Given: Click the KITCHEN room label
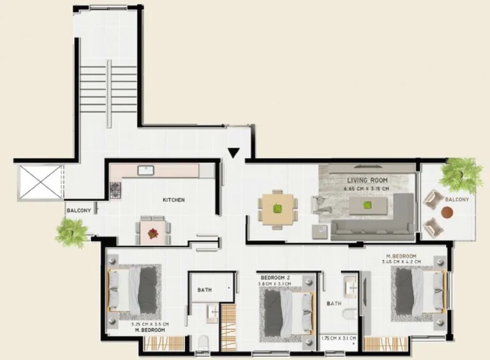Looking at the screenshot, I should point(174,200).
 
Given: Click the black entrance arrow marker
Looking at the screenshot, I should point(234,153).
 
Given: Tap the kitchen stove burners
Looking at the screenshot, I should point(116,190).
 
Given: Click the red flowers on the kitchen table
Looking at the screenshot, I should point(152,234).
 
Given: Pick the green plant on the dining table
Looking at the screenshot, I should point(278,208).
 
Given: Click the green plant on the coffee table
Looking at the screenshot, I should point(367,206).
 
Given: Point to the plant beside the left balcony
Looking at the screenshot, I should point(71,231).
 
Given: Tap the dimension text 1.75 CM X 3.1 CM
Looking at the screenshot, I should point(338,338).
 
